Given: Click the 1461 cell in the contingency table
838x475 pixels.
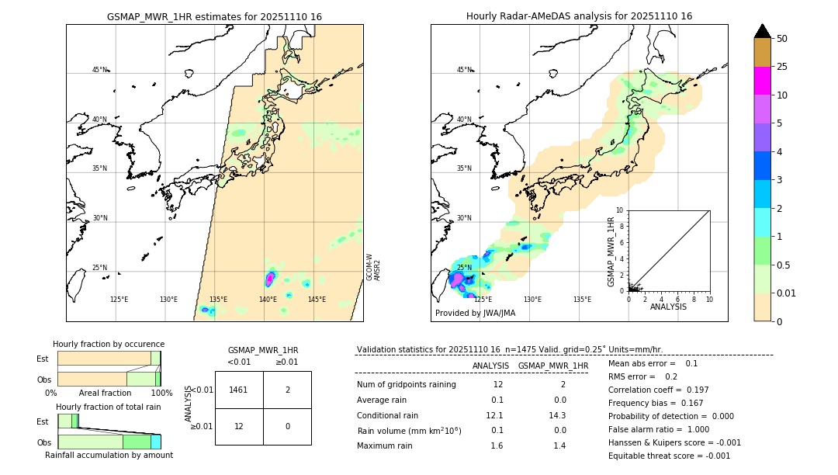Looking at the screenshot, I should tap(239, 390).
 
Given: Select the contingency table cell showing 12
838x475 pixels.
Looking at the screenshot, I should tap(239, 426).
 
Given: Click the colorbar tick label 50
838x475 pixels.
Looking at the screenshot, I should tap(782, 39).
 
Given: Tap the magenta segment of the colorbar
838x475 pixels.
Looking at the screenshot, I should tap(762, 81).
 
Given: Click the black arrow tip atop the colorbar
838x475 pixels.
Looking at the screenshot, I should tap(762, 30).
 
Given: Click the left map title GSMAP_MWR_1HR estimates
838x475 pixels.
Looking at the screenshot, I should tap(214, 16).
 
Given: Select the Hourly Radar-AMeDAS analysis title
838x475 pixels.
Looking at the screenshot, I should tap(579, 16).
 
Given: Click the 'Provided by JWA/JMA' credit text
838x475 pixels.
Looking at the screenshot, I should tap(475, 313).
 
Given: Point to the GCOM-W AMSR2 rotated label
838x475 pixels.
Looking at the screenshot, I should tap(373, 266).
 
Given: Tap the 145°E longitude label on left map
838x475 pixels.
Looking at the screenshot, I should tap(317, 300).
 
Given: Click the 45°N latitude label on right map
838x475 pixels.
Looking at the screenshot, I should tap(464, 70).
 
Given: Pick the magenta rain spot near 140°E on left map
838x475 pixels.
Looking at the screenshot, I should tap(270, 278).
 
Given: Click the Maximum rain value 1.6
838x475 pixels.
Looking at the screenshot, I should tap(497, 446).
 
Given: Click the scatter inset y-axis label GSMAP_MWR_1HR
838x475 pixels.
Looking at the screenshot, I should tap(611, 253).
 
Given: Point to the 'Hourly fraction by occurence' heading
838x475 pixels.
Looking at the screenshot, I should tap(109, 344).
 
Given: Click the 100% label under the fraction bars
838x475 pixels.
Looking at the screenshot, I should tap(161, 394).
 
